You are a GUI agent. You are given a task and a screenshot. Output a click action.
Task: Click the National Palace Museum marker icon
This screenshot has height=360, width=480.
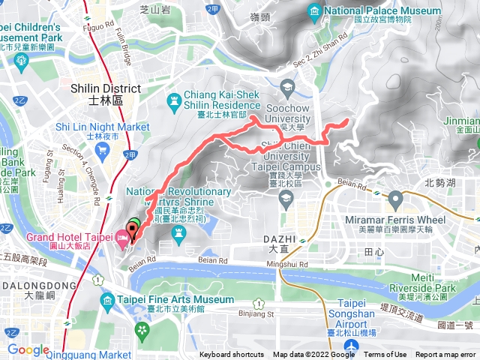[314, 12]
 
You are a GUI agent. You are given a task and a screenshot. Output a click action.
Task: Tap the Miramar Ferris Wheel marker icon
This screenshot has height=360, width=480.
[395, 200]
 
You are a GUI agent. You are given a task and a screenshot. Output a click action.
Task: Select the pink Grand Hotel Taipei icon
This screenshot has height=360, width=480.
[122, 238]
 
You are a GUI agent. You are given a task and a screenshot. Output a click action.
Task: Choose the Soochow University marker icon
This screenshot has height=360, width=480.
[286, 86]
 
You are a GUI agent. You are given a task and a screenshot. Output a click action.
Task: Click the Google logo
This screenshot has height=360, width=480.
[28, 349]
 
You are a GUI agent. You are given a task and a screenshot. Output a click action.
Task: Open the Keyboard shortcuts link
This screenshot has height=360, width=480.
[231, 355]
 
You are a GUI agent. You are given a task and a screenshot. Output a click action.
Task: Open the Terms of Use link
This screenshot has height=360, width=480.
[385, 355]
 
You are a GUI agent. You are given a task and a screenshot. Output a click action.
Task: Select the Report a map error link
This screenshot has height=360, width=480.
[446, 355]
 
